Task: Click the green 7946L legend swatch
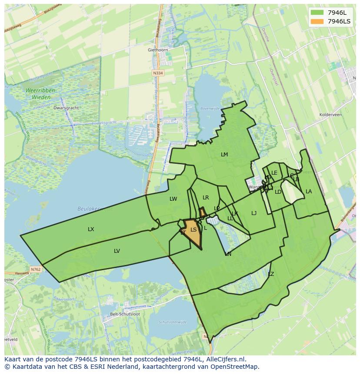[x=317, y=13]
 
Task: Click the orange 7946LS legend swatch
[x=317, y=21]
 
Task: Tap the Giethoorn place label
[x=157, y=50]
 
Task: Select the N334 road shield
[x=158, y=73]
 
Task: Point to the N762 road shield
[x=36, y=269]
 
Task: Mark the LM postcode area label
[x=224, y=154]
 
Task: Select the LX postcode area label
[x=91, y=229]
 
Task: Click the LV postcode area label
[x=117, y=251]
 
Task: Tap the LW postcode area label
[x=173, y=199]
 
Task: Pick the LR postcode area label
[x=206, y=198]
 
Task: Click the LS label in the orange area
[x=193, y=230]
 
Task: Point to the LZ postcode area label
[x=271, y=274]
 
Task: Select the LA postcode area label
[x=309, y=191]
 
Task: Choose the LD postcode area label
[x=278, y=192]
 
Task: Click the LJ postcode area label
[x=254, y=213]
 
